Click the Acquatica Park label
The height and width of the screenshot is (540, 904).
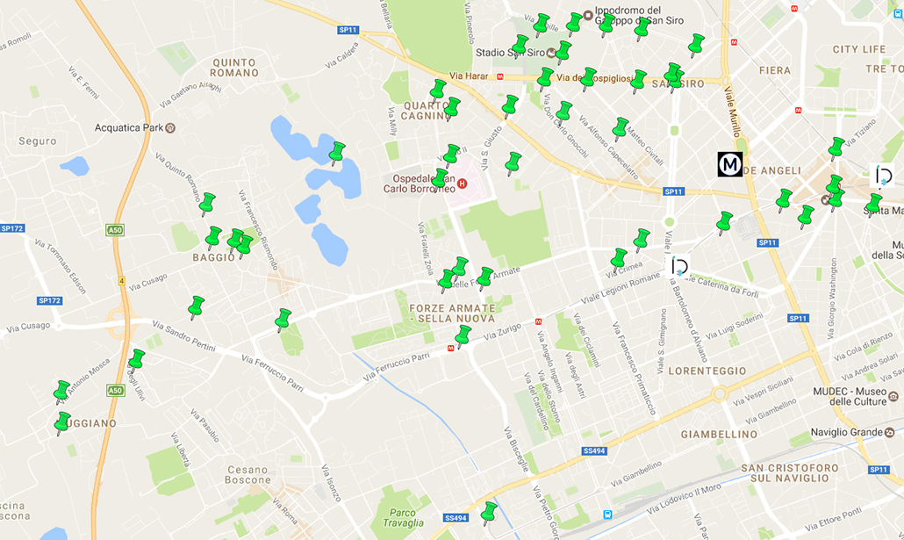[128, 128]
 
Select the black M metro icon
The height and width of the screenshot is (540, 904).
[729, 164]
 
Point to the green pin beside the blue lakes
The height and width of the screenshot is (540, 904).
[337, 153]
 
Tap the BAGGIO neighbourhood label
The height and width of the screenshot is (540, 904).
[214, 257]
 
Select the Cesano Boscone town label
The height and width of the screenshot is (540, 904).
[248, 474]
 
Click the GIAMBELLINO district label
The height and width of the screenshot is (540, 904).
[718, 434]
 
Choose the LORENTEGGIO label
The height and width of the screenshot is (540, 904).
[707, 371]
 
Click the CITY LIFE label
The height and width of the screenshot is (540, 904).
[858, 49]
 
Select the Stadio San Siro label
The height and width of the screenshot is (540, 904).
[508, 53]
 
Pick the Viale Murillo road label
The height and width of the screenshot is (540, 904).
[733, 111]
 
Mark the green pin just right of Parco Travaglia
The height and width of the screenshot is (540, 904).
[489, 511]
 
